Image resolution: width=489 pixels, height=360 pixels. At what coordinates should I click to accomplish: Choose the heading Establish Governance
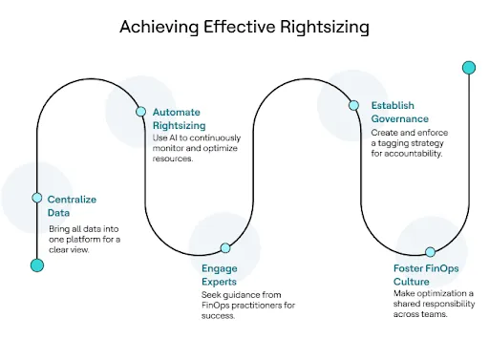391,113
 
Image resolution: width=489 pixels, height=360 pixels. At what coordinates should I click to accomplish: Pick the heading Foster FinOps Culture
427,275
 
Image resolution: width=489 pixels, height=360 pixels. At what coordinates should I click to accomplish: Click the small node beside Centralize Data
37,198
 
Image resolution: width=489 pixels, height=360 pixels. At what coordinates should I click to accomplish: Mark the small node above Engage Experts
225,248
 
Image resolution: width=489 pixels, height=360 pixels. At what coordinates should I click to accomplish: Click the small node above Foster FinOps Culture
430,252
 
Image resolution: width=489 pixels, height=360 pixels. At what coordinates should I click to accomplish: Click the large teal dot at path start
37,265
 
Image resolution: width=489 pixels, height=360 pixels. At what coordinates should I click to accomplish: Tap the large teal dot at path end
468,68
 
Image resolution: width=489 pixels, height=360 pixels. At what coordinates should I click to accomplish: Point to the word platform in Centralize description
89,240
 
